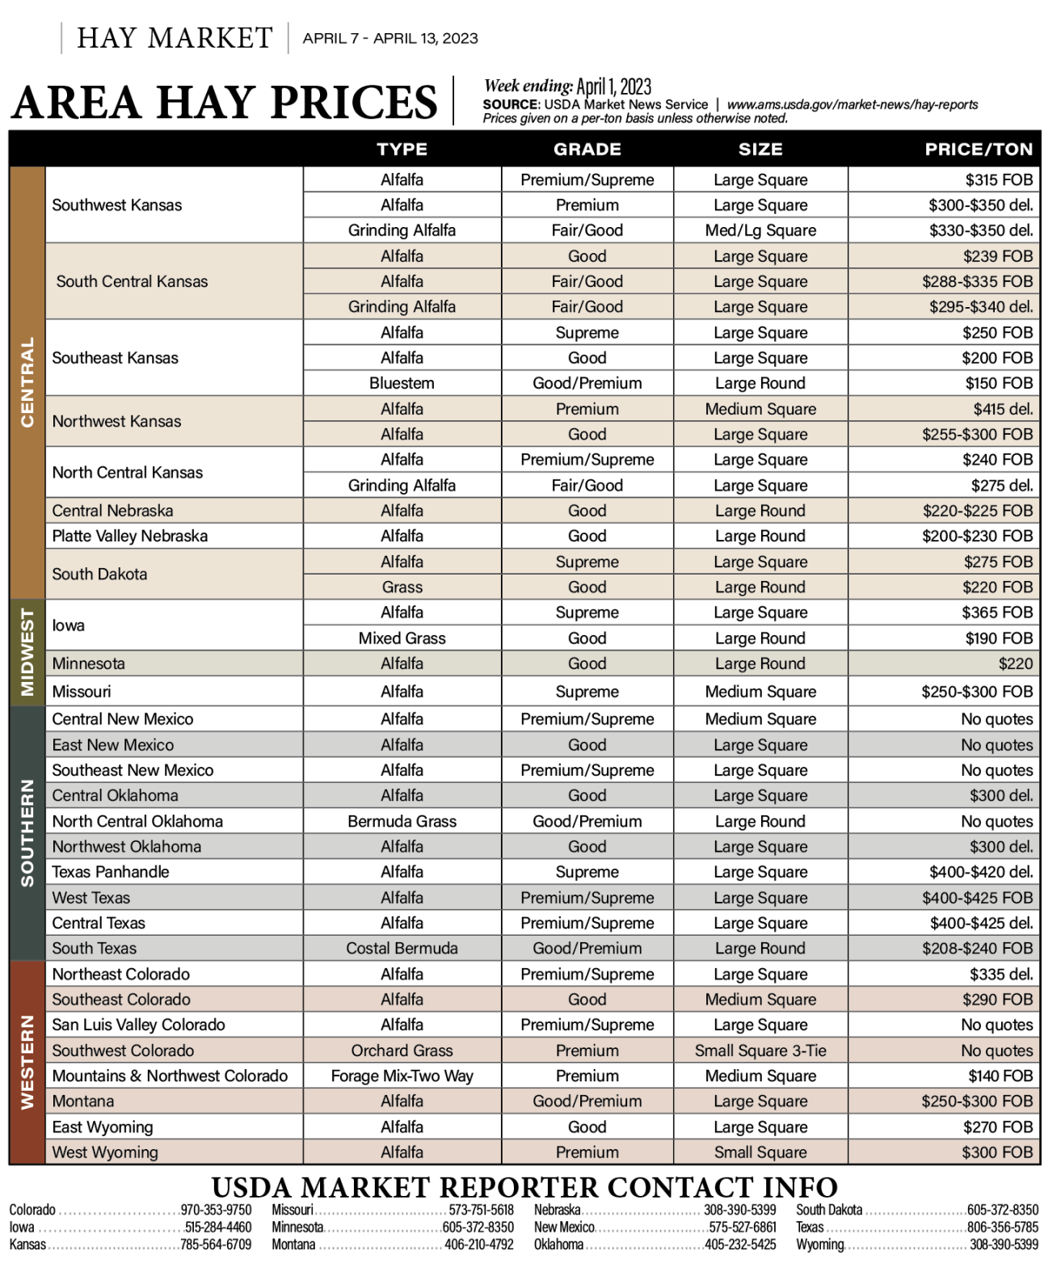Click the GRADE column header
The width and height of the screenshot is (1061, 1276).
pyautogui.click(x=587, y=149)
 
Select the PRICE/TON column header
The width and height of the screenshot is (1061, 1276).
pyautogui.click(x=978, y=149)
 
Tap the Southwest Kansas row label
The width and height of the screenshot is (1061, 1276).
pyautogui.click(x=117, y=205)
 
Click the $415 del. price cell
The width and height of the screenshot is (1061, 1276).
pyautogui.click(x=1002, y=409)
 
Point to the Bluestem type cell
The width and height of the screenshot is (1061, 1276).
pyautogui.click(x=402, y=383)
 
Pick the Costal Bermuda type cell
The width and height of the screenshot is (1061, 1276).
pyautogui.click(x=402, y=948)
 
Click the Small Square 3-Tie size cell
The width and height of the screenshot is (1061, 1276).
pyautogui.click(x=760, y=1051)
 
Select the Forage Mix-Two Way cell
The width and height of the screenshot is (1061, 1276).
pyautogui.click(x=402, y=1076)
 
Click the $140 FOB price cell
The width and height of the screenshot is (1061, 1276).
pyautogui.click(x=1000, y=1076)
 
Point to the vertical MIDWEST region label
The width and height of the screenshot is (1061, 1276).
pyautogui.click(x=27, y=652)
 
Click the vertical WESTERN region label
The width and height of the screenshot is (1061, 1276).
pyautogui.click(x=27, y=1062)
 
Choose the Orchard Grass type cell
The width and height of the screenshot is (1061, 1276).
pyautogui.click(x=402, y=1051)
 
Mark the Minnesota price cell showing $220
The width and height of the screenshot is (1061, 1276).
pyautogui.click(x=1015, y=663)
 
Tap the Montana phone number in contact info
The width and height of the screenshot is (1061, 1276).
pyautogui.click(x=478, y=1244)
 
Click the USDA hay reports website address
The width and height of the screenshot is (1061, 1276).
pyautogui.click(x=852, y=104)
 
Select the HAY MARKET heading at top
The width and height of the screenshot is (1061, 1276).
pyautogui.click(x=175, y=38)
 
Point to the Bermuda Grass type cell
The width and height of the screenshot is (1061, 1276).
pyautogui.click(x=402, y=821)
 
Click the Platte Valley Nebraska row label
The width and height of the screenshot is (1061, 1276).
pyautogui.click(x=129, y=536)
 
